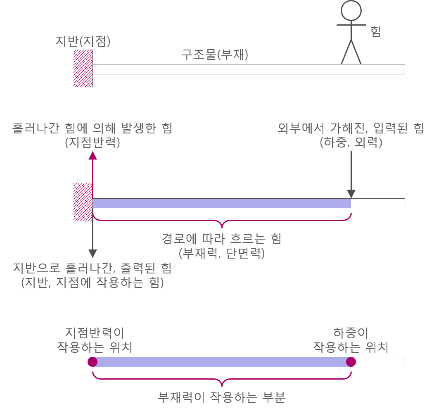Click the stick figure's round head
point(351,10)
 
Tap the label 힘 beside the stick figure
point(376,32)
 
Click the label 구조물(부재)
point(215,55)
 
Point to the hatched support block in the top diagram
point(83,68)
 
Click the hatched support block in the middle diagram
point(83,202)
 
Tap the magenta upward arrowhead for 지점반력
point(93,155)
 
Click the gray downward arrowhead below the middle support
point(93,253)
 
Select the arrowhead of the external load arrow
point(351,194)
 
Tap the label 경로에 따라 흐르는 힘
point(221,239)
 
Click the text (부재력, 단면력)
point(221,253)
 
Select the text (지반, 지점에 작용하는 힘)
point(92,283)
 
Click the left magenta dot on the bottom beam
point(92,362)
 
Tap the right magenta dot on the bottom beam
point(351,362)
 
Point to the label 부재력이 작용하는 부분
point(221,397)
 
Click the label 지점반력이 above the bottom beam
point(95,333)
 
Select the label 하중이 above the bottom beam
point(351,333)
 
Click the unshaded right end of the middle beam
point(378,203)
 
